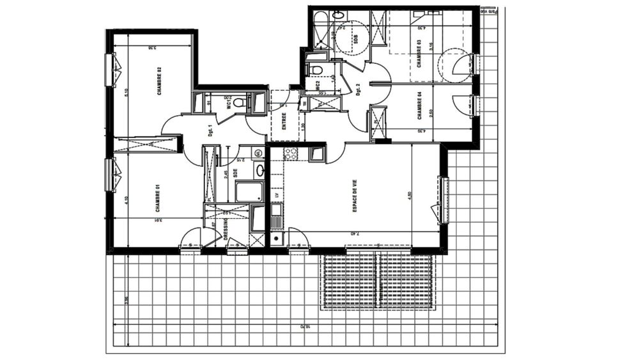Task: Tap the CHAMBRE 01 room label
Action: [x=157, y=200]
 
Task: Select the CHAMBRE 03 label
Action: [x=419, y=54]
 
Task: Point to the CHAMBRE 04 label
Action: [x=419, y=106]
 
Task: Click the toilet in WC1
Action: [x=238, y=102]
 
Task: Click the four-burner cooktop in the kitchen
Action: [x=291, y=153]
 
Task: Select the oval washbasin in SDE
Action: [x=259, y=170]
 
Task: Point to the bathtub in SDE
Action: [x=249, y=191]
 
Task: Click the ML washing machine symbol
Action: [x=258, y=153]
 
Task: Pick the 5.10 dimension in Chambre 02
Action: [x=127, y=92]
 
